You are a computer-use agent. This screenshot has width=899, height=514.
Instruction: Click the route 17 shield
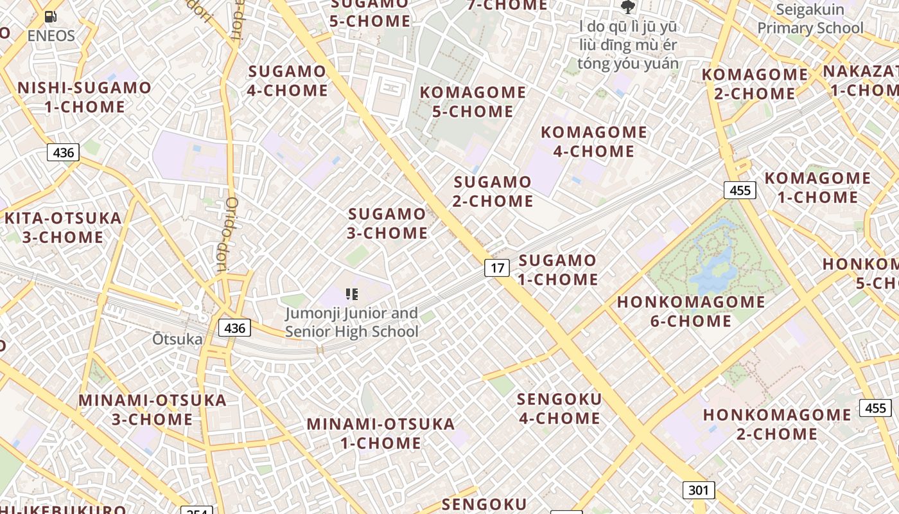pyautogui.click(x=496, y=267)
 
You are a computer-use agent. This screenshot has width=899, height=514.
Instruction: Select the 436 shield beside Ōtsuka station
pyautogui.click(x=234, y=328)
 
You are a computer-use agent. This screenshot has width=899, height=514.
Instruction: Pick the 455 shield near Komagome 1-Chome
pyautogui.click(x=740, y=190)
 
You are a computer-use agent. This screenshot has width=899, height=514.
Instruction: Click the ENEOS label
pyautogui.click(x=51, y=36)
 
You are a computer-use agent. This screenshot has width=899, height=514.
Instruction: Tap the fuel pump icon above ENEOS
pyautogui.click(x=51, y=17)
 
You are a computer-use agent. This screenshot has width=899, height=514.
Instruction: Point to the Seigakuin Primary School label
pyautogui.click(x=810, y=19)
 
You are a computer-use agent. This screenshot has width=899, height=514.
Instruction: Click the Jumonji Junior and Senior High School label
pyautogui.click(x=352, y=323)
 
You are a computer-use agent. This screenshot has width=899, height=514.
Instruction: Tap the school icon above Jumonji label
pyautogui.click(x=352, y=294)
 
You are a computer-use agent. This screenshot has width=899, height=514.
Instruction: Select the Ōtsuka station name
pyautogui.click(x=177, y=339)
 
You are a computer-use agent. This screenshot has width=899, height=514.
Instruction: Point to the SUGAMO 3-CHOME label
pyautogui.click(x=387, y=223)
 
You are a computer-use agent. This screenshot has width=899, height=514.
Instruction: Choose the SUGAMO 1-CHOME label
pyautogui.click(x=557, y=270)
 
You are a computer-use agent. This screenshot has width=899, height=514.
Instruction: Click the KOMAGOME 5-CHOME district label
pyautogui.click(x=473, y=102)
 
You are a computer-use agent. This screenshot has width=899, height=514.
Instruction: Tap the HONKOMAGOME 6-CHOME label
pyautogui.click(x=691, y=311)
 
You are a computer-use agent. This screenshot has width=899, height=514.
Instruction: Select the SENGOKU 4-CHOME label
pyautogui.click(x=559, y=409)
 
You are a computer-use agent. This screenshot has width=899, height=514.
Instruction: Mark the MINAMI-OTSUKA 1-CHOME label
pyautogui.click(x=381, y=433)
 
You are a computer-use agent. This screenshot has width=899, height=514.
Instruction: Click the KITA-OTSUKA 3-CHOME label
pyautogui.click(x=63, y=227)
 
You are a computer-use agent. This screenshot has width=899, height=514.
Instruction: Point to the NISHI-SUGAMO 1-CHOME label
pyautogui.click(x=84, y=97)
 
